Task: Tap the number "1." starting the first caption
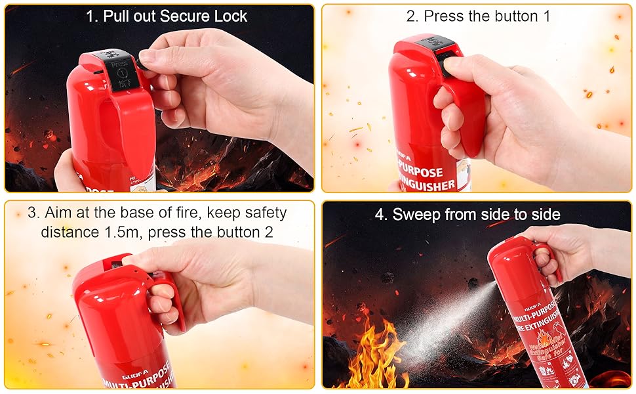coord(92,16)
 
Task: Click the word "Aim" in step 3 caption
coord(60,213)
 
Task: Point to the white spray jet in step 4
coord(446,322)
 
